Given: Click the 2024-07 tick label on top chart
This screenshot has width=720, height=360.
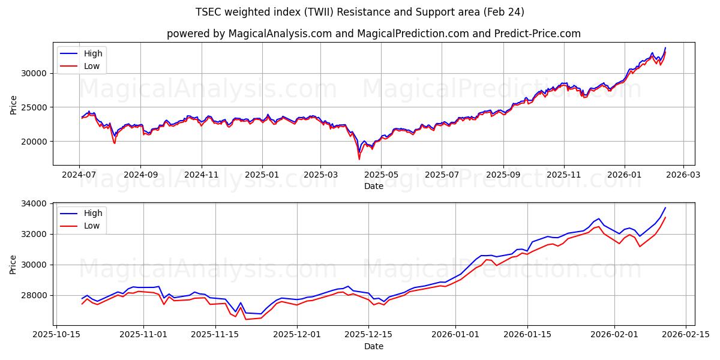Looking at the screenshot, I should pyautogui.click(x=80, y=175).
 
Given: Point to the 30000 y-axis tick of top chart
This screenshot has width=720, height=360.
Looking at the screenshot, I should pyautogui.click(x=35, y=73).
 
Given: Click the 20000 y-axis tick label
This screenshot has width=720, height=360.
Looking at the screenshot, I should pyautogui.click(x=35, y=142).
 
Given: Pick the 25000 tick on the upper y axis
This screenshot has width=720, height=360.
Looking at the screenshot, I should pyautogui.click(x=35, y=107).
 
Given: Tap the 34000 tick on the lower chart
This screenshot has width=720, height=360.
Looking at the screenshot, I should pyautogui.click(x=35, y=204).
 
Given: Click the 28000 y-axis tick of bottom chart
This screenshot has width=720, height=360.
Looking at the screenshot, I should pyautogui.click(x=35, y=295).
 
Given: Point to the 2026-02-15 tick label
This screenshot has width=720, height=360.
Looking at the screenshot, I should pyautogui.click(x=687, y=334).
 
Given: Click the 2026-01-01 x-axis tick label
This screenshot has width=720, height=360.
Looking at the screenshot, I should pyautogui.click(x=455, y=334).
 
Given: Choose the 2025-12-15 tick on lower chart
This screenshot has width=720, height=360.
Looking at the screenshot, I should pyautogui.click(x=373, y=334).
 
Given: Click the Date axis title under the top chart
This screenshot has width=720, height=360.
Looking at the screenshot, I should pyautogui.click(x=373, y=186).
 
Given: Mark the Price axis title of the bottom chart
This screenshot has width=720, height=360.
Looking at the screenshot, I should pyautogui.click(x=13, y=264).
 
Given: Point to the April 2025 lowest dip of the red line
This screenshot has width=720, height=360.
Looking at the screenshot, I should pyautogui.click(x=359, y=159).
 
